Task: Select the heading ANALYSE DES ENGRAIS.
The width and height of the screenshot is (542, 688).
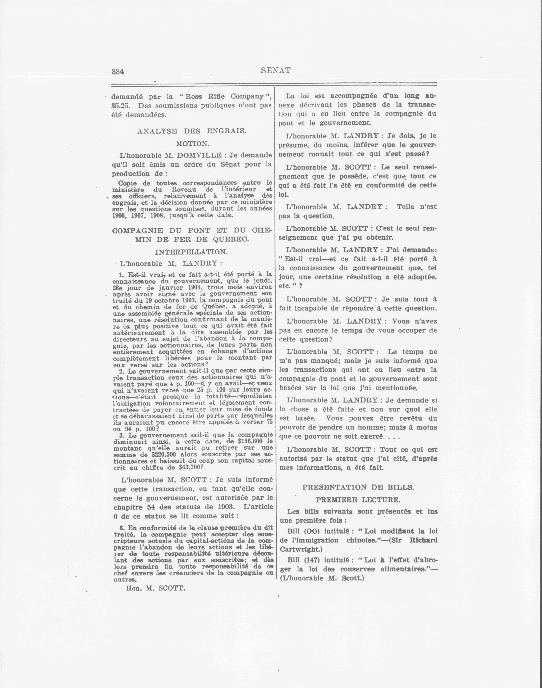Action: [x=192, y=131]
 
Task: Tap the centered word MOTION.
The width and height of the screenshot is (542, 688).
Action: [x=193, y=144]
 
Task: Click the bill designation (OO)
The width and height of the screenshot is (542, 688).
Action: [x=313, y=531]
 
